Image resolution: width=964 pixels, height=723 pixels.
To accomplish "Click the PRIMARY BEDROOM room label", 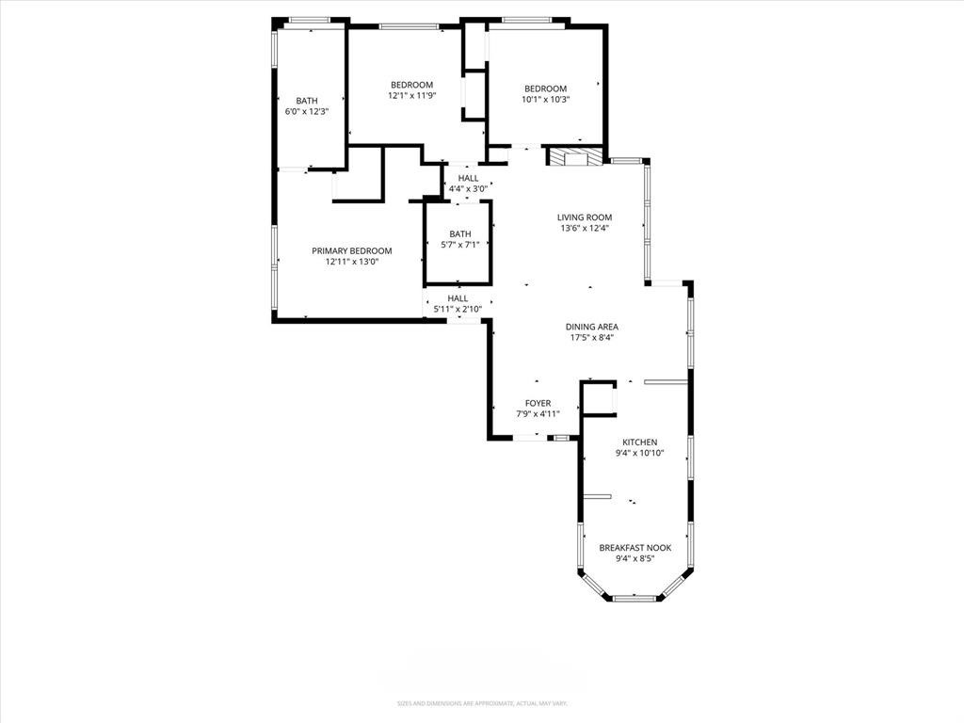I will point(352,250).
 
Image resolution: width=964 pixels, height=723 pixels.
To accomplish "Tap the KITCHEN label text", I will point(639,442).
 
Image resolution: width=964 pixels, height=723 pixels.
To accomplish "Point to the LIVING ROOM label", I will point(585,217).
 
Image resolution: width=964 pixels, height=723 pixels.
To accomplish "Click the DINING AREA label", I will point(592,327).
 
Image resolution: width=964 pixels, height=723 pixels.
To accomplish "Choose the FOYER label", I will point(538,403).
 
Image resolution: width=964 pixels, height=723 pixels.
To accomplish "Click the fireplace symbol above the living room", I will point(575,157).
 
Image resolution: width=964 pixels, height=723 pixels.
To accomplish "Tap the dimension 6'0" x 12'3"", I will point(307,111).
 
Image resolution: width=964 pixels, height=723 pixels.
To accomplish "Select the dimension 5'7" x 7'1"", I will point(460,245).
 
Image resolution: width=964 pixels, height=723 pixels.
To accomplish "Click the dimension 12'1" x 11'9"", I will point(411,95).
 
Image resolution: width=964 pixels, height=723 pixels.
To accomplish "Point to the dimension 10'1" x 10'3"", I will point(546,99).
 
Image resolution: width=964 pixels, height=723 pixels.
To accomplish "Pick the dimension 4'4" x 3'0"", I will point(468,188).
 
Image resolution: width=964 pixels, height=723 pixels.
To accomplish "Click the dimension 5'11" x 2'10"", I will point(458,309).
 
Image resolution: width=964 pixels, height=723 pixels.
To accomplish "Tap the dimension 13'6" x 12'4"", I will point(585,227).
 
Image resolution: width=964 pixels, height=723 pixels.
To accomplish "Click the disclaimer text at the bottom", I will point(482,703).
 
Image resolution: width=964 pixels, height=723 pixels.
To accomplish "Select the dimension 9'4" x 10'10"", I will point(639,453).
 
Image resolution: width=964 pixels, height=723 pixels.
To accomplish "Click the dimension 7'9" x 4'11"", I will point(538,413).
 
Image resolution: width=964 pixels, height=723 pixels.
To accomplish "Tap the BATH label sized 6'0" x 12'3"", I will point(307,101).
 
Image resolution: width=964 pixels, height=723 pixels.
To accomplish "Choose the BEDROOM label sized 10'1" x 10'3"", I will point(546,88).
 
